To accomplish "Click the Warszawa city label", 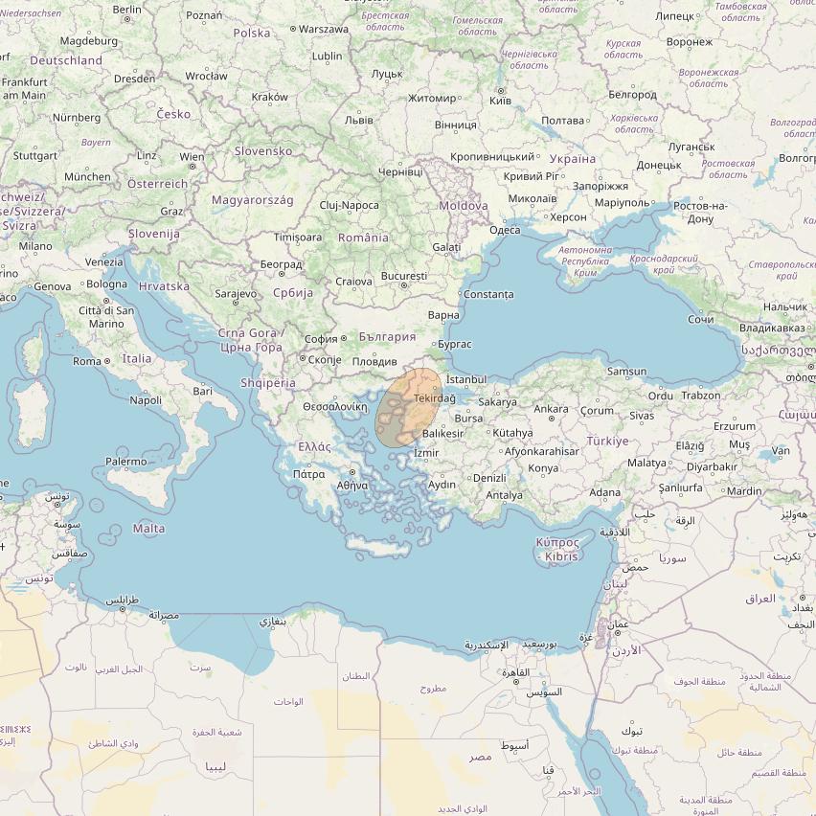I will click(x=324, y=29).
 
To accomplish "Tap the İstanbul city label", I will click(x=466, y=380).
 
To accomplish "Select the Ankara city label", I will click(x=551, y=409).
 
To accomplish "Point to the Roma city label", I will click(x=87, y=361).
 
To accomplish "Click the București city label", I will click(x=403, y=276).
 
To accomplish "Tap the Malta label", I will click(x=148, y=529).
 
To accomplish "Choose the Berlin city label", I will click(x=127, y=9).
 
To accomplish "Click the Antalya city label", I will click(x=505, y=495).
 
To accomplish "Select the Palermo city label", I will click(x=126, y=462).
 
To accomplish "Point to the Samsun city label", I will click(x=627, y=372).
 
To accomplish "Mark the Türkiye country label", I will click(x=608, y=442).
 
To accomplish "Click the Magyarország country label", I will click(x=253, y=200).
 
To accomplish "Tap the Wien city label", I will click(x=192, y=157).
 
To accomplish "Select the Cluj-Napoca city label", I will click(x=350, y=205).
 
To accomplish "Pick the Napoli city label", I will click(x=146, y=400).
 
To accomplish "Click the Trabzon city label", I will click(x=701, y=396).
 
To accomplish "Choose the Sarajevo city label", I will click(x=235, y=293).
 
